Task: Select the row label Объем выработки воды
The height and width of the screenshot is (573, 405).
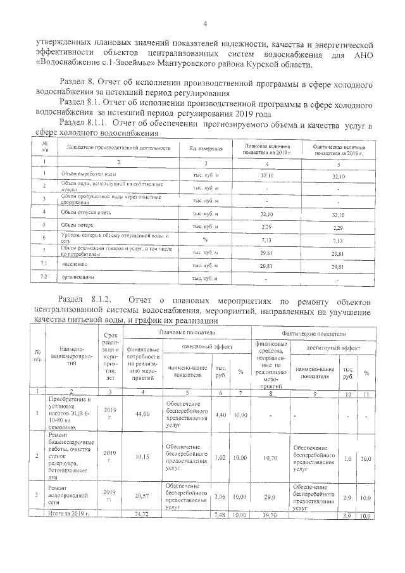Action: coord(86,174)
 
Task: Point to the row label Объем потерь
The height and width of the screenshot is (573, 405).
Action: coord(75,225)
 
